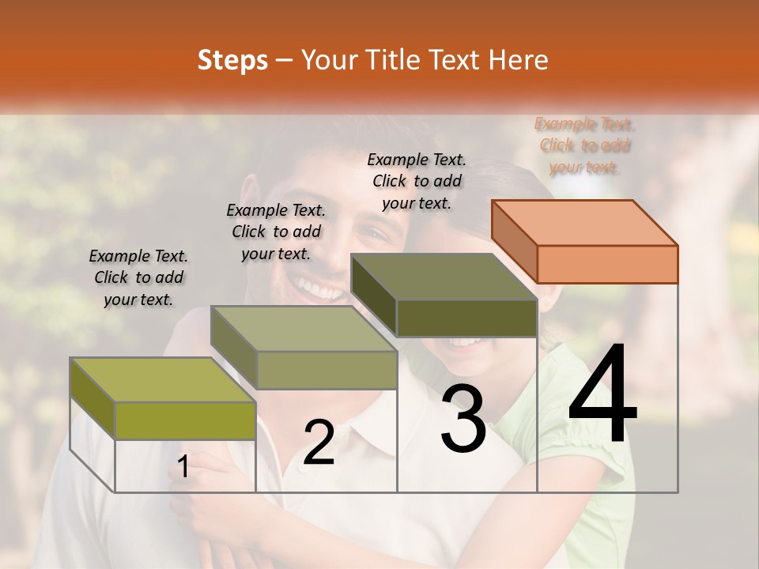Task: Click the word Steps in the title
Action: (232, 60)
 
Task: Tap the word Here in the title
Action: (518, 60)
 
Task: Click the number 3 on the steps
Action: (463, 419)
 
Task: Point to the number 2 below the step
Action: (319, 443)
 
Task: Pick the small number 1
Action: (183, 467)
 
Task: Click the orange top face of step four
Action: (585, 222)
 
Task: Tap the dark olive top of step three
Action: (444, 277)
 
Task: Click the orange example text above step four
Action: (585, 145)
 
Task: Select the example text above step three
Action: (417, 181)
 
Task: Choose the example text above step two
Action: (276, 232)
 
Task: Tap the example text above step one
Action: (138, 277)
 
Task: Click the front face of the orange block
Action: (607, 264)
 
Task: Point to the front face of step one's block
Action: (185, 420)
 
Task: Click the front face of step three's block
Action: (466, 318)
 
